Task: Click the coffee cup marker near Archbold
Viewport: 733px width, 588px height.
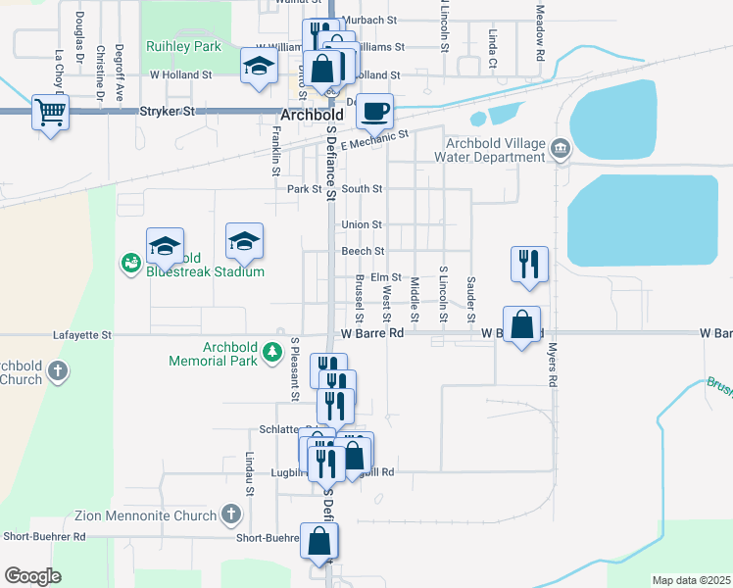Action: (373, 111)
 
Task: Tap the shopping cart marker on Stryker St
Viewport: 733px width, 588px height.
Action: (50, 111)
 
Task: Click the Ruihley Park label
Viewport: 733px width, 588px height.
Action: (183, 45)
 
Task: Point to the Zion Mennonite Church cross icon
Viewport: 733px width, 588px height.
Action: (230, 514)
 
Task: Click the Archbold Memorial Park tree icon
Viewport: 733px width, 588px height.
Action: (276, 360)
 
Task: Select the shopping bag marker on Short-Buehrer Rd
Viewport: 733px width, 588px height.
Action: (319, 540)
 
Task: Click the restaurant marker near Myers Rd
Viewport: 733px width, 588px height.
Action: (528, 265)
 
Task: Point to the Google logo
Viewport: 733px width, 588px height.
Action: (32, 575)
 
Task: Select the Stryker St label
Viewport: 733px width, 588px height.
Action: (169, 113)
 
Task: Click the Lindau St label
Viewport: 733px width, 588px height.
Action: (250, 470)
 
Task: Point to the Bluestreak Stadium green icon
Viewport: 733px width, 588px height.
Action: (130, 262)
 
